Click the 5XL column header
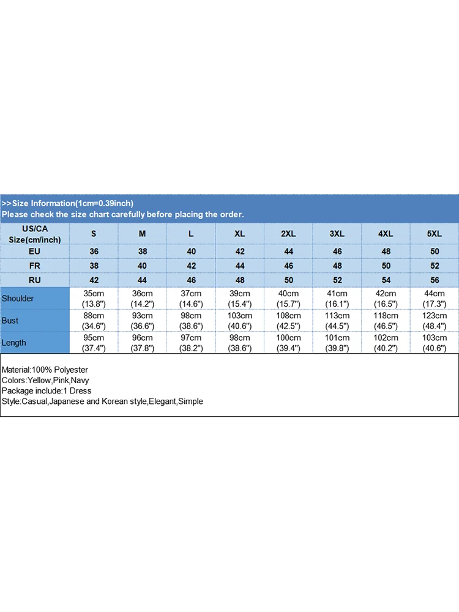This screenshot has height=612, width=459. coord(434,234)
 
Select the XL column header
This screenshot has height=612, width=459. coord(239,234)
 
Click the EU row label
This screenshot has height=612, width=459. coord(34,252)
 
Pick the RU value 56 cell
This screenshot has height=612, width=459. coord(434,280)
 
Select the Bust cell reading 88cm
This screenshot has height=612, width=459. coord(94,321)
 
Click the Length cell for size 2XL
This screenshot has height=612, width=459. coord(288,343)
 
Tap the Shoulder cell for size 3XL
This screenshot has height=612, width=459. coord(337,299)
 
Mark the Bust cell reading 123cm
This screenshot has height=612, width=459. coord(434,321)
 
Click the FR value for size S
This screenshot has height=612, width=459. coord(94,266)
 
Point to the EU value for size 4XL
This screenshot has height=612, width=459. coord(386,252)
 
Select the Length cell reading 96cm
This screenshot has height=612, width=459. coord(142,343)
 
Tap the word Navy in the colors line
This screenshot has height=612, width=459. coord(80,381)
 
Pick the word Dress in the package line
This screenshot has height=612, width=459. coord(81,391)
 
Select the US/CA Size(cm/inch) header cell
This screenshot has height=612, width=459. coord(34,234)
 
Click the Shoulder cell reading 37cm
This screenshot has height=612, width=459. coord(191,299)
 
